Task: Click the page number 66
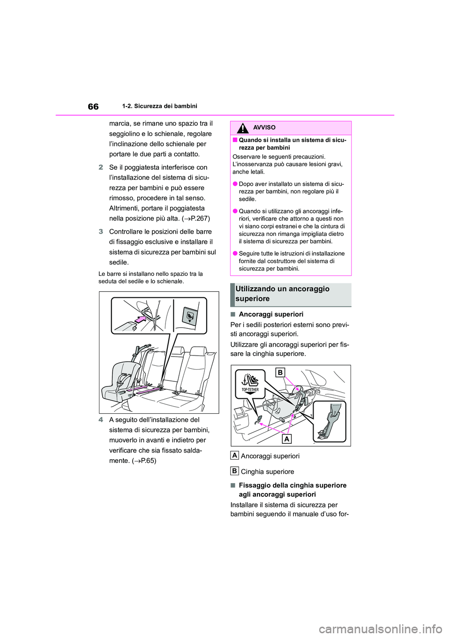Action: click(x=93, y=106)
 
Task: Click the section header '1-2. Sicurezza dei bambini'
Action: click(x=159, y=106)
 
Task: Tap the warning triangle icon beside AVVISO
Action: click(x=243, y=128)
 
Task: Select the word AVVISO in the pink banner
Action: click(x=264, y=128)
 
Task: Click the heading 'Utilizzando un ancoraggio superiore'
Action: click(x=282, y=294)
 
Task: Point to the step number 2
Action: click(x=101, y=167)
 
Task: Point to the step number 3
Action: click(x=101, y=232)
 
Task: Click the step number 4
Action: click(x=101, y=420)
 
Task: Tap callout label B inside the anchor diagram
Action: click(x=280, y=372)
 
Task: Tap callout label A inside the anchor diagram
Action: click(x=286, y=439)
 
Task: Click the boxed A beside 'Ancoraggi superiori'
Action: click(x=234, y=455)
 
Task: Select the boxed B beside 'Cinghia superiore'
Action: click(x=234, y=471)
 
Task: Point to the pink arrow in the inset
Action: click(x=141, y=320)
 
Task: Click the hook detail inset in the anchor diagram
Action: click(x=330, y=421)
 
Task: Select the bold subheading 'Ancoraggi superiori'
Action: click(x=271, y=314)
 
